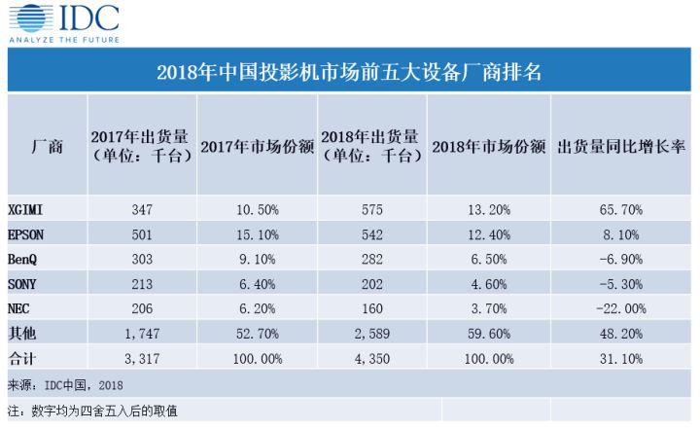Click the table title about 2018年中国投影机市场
(x=349, y=71)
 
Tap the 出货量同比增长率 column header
(x=622, y=146)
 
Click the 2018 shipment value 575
(x=370, y=208)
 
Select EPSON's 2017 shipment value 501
(x=142, y=232)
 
